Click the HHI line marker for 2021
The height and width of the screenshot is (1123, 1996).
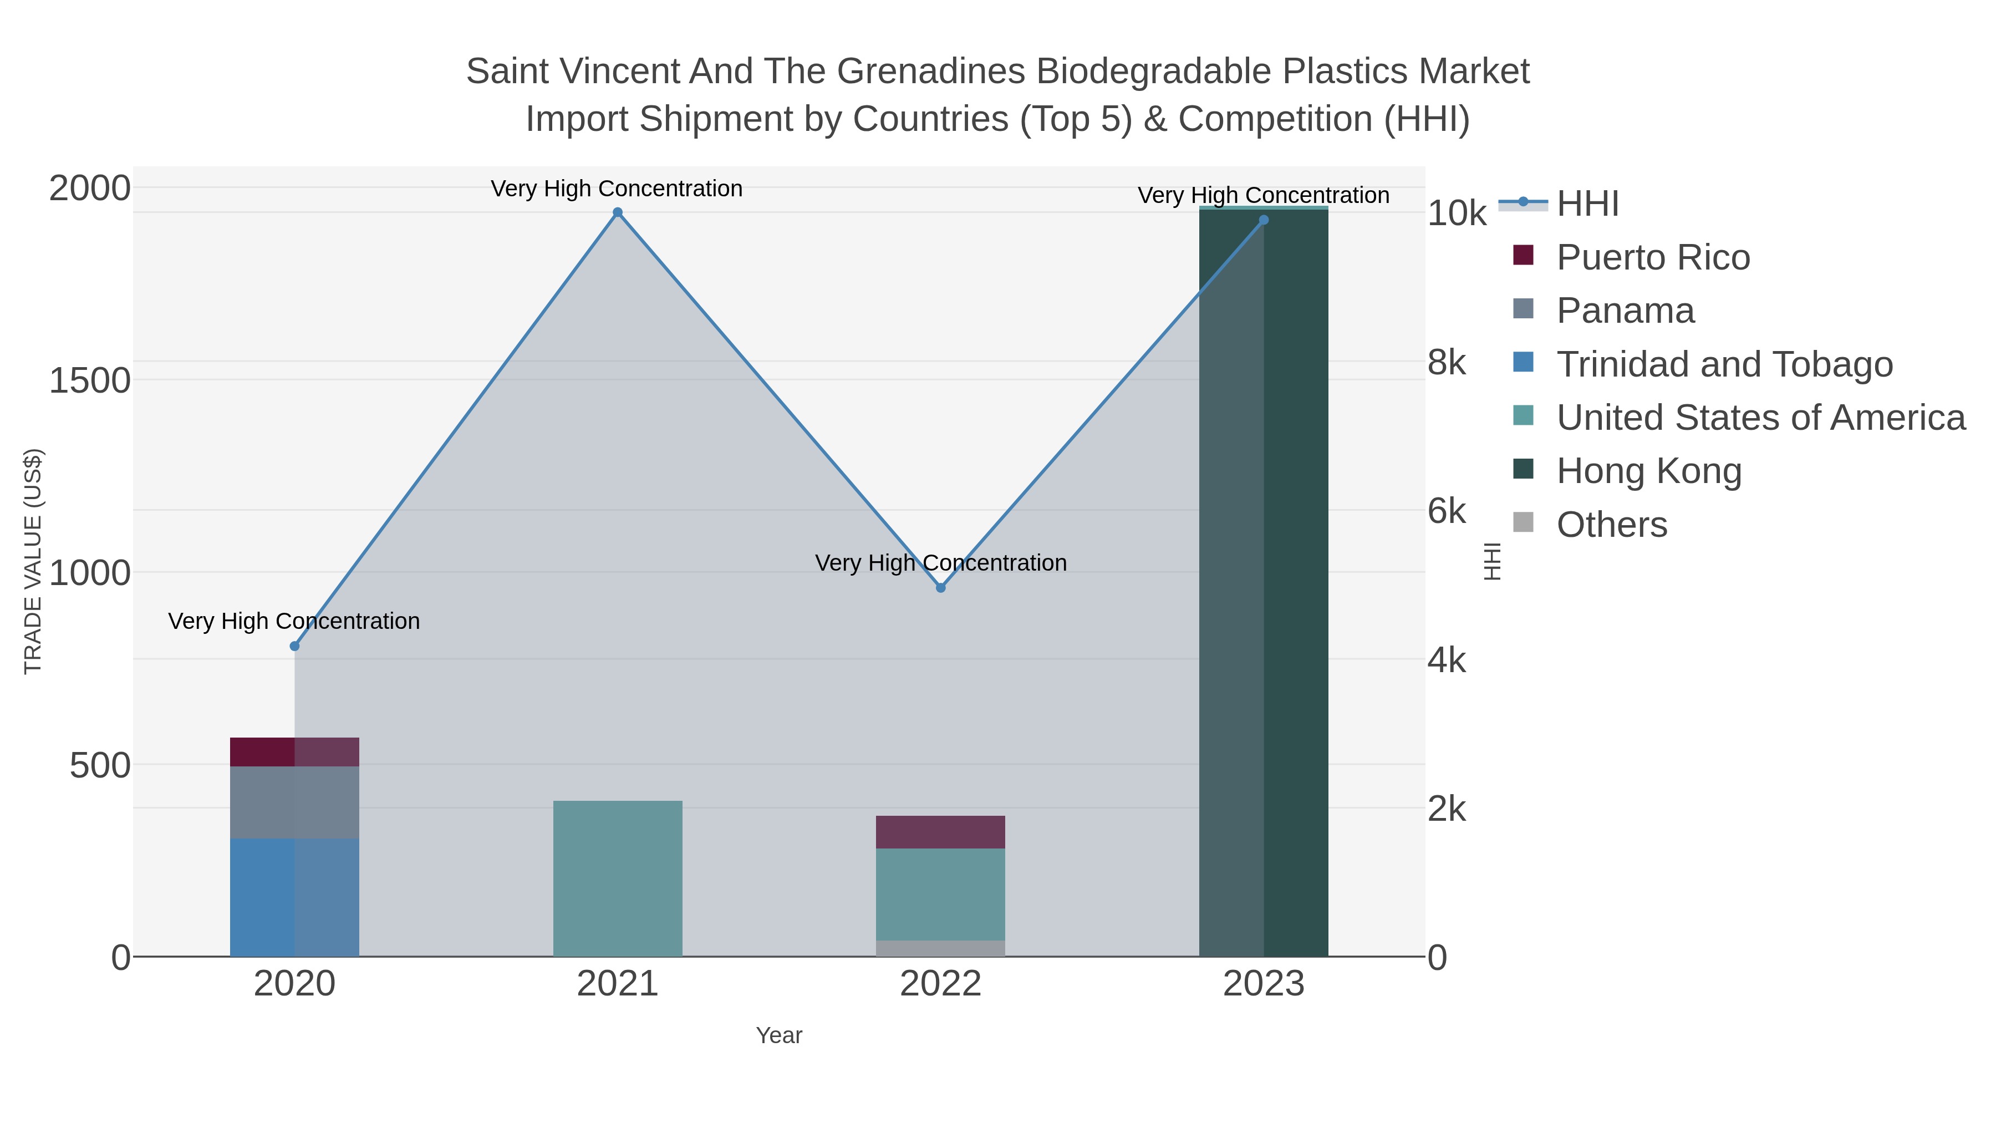(x=618, y=212)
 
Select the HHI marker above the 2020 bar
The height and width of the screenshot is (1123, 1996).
(x=294, y=647)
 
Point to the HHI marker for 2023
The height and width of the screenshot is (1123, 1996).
(x=1264, y=220)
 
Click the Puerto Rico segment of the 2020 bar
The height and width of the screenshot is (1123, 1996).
(x=294, y=752)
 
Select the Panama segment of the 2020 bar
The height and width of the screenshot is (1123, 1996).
(x=294, y=802)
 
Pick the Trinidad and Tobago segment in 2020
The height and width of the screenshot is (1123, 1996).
(x=294, y=897)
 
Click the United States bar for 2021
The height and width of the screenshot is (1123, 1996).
(x=618, y=878)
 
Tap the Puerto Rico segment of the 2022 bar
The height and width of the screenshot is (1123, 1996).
(x=941, y=832)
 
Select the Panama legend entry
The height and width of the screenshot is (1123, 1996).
(x=1625, y=311)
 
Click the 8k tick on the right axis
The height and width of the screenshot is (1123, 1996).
(x=1446, y=362)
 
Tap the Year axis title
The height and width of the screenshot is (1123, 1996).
(x=779, y=1035)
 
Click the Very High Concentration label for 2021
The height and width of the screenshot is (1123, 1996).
(x=617, y=189)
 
